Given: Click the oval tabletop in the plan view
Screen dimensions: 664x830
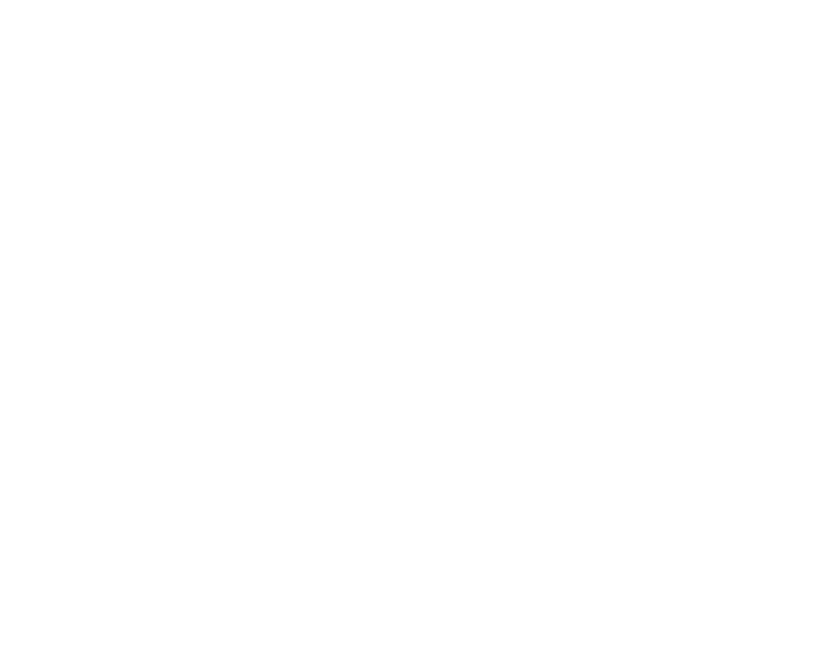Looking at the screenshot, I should pyautogui.click(x=172, y=353).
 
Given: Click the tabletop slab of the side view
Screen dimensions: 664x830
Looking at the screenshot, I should pyautogui.click(x=384, y=103).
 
